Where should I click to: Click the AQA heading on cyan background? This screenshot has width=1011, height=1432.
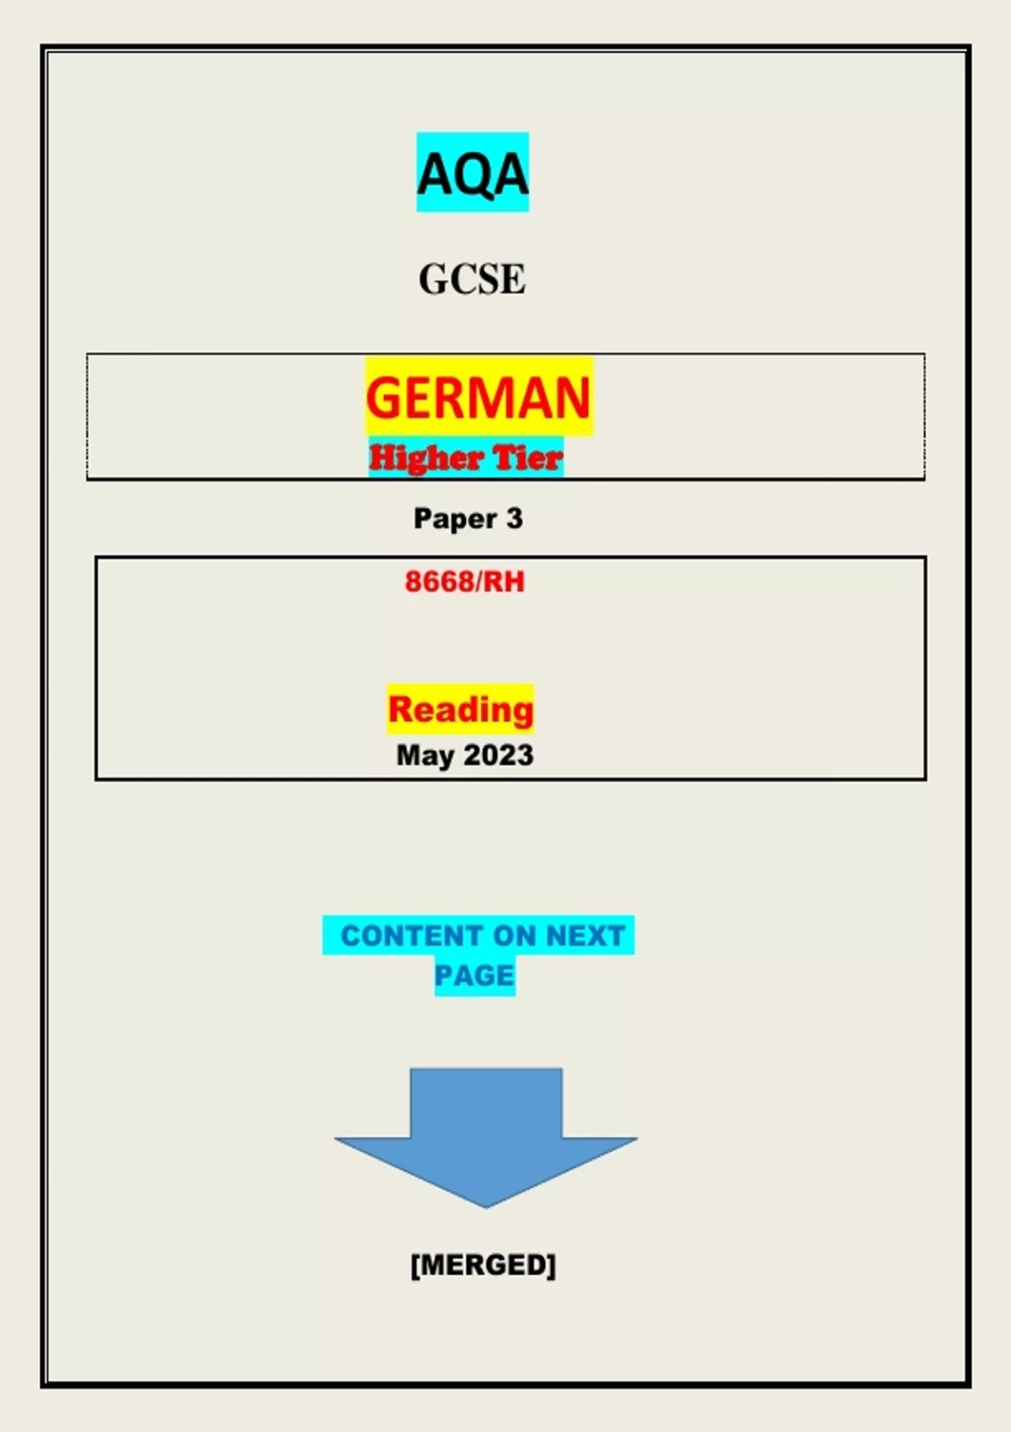(x=473, y=174)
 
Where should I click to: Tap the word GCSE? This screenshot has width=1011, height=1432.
(x=472, y=280)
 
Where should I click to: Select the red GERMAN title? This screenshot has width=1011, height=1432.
(x=478, y=398)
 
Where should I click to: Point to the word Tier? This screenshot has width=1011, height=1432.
(x=527, y=458)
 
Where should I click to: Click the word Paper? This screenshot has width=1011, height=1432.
(x=455, y=519)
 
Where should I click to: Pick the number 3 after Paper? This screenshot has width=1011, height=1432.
(x=514, y=518)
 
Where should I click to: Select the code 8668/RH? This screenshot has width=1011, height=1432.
(x=464, y=581)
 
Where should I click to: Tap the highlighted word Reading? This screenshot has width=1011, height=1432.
(x=460, y=709)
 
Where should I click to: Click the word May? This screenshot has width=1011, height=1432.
(x=425, y=755)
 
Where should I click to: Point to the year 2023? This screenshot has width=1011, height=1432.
(x=499, y=755)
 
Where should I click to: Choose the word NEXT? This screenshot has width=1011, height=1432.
(x=585, y=936)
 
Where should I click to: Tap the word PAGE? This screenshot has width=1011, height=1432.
(x=474, y=975)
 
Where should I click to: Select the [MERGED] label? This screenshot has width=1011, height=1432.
(x=483, y=1264)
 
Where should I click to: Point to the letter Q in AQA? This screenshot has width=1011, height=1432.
(x=473, y=175)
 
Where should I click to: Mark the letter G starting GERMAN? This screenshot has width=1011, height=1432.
(x=382, y=398)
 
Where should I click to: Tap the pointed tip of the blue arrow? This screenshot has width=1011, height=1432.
(x=486, y=1205)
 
